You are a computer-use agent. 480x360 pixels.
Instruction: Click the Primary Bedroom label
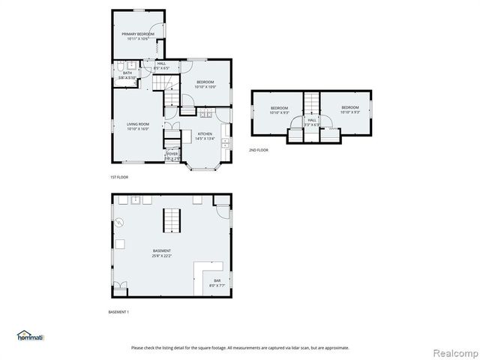coord(138,36)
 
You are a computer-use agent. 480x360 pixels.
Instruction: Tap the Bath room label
coord(127,75)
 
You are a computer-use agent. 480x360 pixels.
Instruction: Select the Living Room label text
coord(138,127)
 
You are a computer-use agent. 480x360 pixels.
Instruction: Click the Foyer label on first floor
coord(172,156)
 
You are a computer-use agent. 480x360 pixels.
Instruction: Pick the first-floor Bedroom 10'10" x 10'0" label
coord(205,84)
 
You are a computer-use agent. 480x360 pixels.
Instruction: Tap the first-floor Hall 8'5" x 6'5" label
coord(161,66)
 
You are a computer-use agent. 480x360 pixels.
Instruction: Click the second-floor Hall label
coord(312,121)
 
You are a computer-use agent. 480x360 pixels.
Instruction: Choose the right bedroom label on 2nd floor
coord(349,110)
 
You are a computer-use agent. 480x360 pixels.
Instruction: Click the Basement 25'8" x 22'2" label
coord(162,253)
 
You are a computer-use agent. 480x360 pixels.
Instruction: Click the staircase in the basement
coord(172,220)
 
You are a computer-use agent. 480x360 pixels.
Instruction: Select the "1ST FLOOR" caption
coord(120,177)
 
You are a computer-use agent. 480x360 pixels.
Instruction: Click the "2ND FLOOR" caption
coord(259,150)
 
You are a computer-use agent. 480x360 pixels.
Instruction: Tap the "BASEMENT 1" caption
coord(120,312)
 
